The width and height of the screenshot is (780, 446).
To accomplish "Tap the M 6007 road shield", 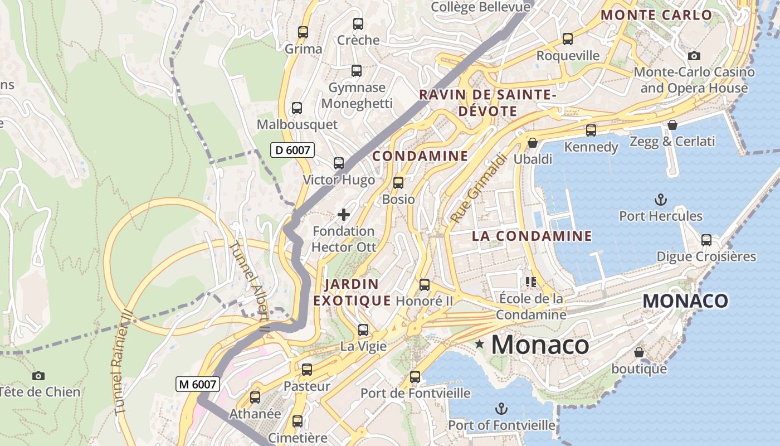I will point(197,384).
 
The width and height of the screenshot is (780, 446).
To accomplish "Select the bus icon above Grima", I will point(303,32).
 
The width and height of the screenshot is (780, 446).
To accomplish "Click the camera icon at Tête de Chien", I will point(38,376).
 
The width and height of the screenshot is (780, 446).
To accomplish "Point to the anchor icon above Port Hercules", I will point(661,199).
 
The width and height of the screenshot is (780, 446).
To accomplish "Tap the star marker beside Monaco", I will point(479,345).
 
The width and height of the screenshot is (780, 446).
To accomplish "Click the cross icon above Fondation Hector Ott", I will point(344,214).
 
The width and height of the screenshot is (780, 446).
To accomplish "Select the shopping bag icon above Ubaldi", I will point(533,143).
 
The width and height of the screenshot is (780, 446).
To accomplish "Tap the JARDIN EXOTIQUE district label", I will point(352,293).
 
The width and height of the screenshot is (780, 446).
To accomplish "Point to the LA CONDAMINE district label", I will point(532,236).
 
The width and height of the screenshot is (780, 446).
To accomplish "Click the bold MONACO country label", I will point(685,301).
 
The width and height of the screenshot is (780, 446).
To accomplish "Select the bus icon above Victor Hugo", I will point(338,163).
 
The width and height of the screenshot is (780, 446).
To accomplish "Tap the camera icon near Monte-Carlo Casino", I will point(694,56).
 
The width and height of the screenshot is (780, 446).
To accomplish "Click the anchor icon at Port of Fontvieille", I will point(501,409).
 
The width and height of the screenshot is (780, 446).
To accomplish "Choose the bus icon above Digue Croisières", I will point(706,240).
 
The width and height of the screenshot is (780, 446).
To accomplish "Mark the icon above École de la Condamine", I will point(530,282).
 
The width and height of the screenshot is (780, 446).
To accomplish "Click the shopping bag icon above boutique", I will point(639,352).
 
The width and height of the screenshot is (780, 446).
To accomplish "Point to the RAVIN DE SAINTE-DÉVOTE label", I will point(487,103).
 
